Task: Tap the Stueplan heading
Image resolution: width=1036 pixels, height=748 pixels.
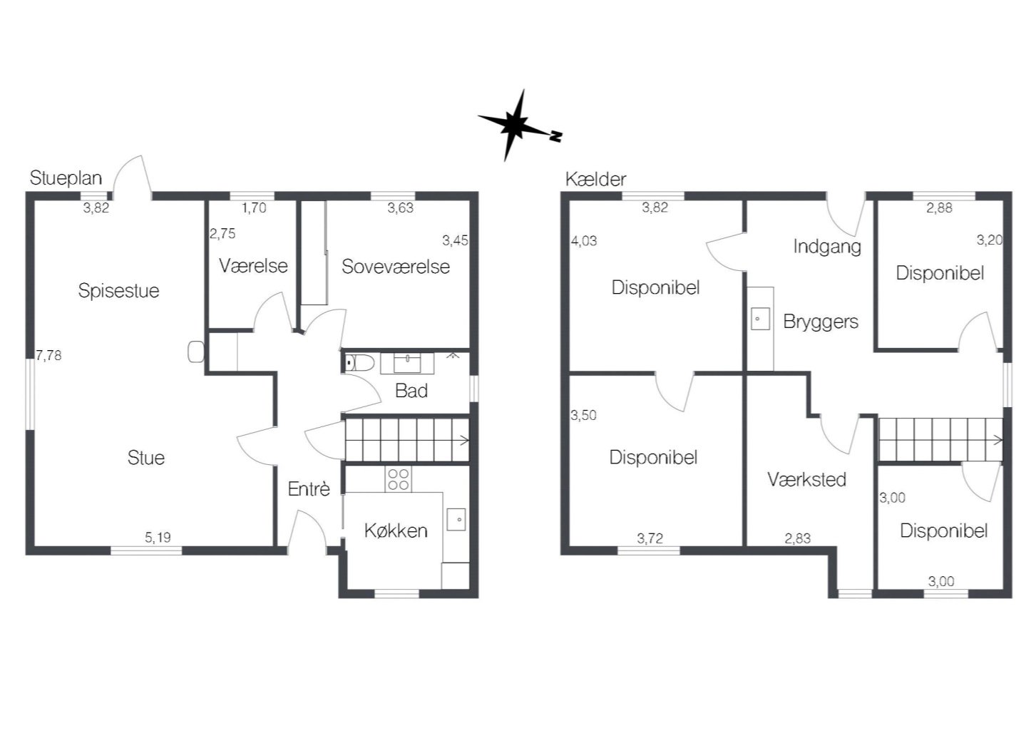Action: (66, 178)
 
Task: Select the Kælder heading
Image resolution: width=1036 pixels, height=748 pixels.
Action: (595, 179)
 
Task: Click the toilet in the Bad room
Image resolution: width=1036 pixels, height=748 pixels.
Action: (360, 363)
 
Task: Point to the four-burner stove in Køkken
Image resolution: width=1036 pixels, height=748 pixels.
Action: (398, 479)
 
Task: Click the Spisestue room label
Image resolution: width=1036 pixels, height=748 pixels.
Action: (118, 291)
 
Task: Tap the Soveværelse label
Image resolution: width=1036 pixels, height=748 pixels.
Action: (396, 267)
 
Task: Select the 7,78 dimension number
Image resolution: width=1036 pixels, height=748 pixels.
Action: (48, 355)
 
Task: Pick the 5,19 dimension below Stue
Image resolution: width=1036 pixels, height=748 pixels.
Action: (158, 537)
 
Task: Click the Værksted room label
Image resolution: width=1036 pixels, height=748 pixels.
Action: (806, 479)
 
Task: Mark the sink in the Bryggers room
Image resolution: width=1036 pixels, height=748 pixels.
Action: (760, 319)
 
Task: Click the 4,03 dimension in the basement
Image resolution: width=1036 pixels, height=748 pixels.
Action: (584, 241)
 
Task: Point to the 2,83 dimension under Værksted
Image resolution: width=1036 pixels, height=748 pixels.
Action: (798, 538)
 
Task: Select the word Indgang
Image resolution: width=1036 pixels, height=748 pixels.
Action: (827, 247)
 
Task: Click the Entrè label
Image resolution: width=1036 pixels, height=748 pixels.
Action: (309, 489)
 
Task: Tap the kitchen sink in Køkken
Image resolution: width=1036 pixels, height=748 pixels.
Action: (456, 520)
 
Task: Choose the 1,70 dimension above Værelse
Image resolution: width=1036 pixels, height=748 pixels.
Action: (254, 208)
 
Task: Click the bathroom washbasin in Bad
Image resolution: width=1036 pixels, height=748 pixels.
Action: (407, 363)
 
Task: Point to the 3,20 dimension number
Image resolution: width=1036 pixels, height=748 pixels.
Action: (989, 240)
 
